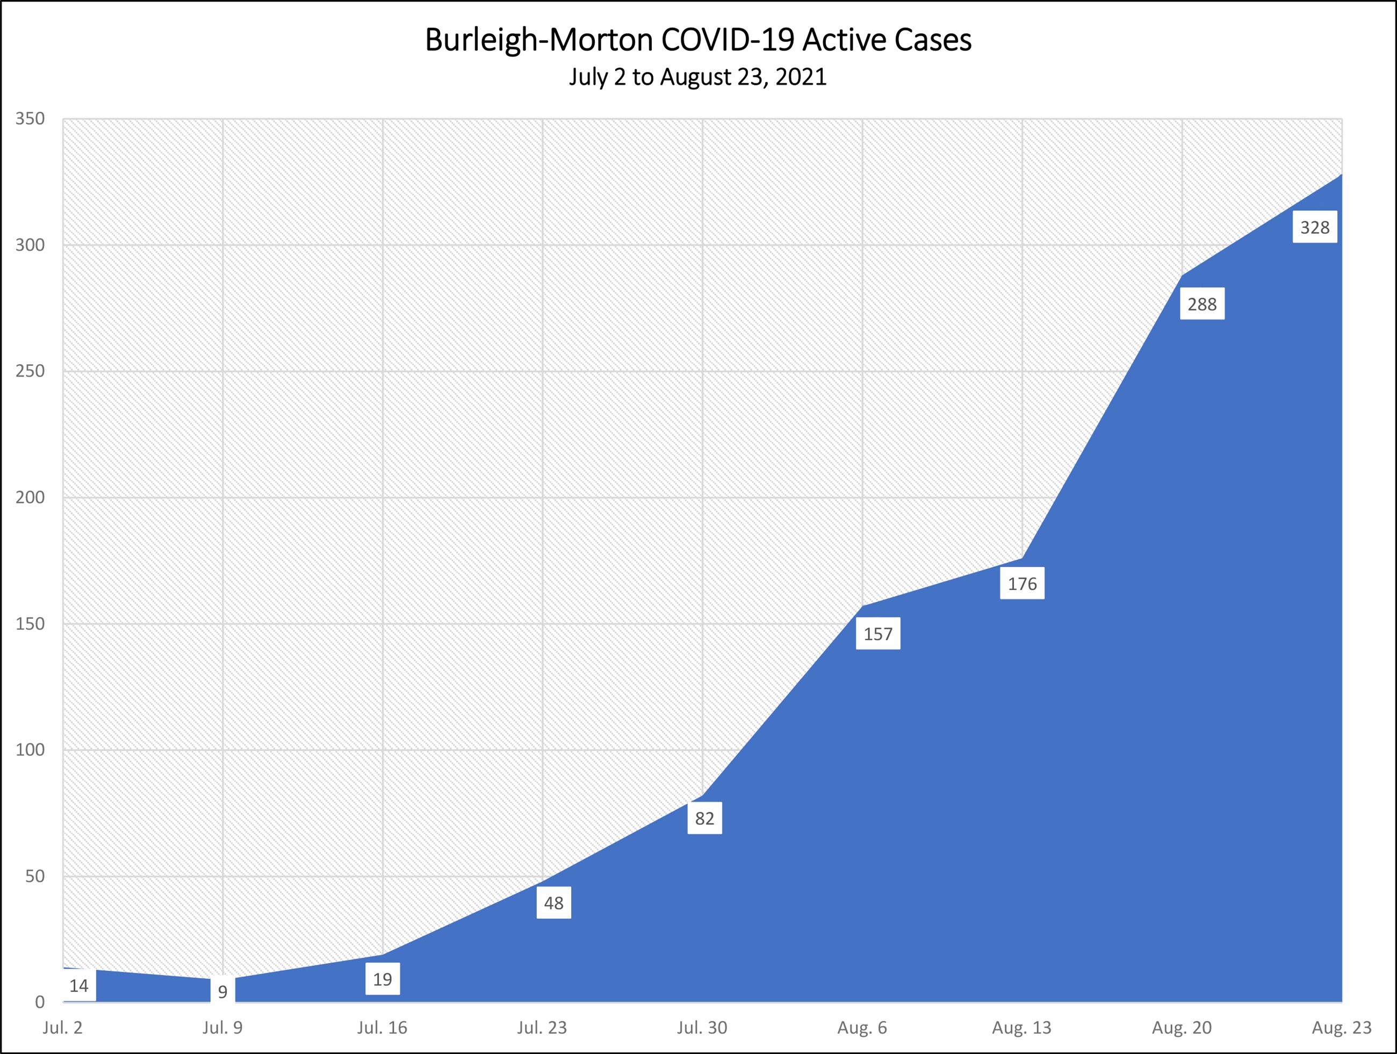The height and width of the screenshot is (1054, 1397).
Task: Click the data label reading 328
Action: pyautogui.click(x=1315, y=227)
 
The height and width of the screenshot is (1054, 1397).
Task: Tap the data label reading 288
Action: pyautogui.click(x=1202, y=305)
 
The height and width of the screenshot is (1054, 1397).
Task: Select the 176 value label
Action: pyautogui.click(x=1022, y=583)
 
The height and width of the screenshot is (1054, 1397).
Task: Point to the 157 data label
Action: pyautogui.click(x=878, y=634)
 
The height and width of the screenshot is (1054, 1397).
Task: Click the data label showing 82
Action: pyautogui.click(x=704, y=819)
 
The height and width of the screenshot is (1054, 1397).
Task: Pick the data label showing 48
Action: pyautogui.click(x=554, y=903)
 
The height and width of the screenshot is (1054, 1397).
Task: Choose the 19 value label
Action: pyautogui.click(x=383, y=979)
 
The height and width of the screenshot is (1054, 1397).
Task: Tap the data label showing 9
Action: pyautogui.click(x=222, y=992)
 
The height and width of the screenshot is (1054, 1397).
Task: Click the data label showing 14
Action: pyautogui.click(x=79, y=986)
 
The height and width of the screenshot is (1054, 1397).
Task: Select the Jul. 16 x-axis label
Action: pyautogui.click(x=382, y=1028)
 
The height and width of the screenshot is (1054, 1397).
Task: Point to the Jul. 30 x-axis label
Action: pyautogui.click(x=702, y=1028)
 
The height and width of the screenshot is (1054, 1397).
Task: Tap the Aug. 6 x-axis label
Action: pyautogui.click(x=862, y=1028)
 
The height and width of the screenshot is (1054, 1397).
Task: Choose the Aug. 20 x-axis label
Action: pyautogui.click(x=1182, y=1028)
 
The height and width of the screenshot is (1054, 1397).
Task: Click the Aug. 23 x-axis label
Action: pyautogui.click(x=1342, y=1028)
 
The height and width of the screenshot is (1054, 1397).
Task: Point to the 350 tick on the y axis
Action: pyautogui.click(x=30, y=119)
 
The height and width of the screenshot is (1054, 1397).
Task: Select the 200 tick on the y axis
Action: pyautogui.click(x=30, y=497)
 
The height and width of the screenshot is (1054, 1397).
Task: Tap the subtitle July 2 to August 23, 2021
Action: pyautogui.click(x=698, y=77)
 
